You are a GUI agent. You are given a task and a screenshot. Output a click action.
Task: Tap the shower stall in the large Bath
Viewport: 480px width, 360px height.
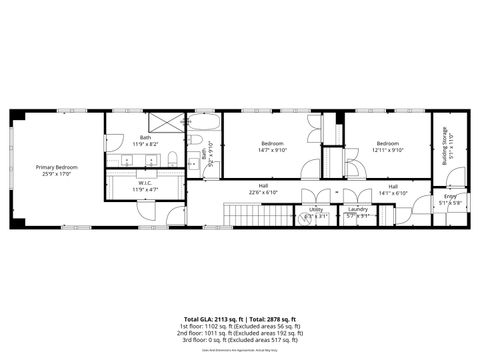(168, 124)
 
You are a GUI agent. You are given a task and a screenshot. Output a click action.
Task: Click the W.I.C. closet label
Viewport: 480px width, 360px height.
(145, 183)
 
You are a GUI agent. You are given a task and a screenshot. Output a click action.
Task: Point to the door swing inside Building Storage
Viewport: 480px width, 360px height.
(455, 178)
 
